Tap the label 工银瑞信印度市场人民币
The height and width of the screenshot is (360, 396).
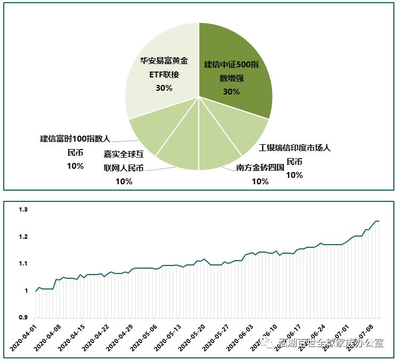click(x=294, y=154)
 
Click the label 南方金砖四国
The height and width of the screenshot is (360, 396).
click(x=260, y=168)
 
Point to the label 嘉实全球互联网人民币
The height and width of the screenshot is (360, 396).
click(x=123, y=161)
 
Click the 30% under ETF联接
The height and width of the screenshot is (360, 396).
click(x=164, y=88)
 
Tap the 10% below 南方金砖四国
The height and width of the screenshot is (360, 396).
click(x=260, y=182)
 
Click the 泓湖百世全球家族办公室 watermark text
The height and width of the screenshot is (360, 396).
click(x=331, y=343)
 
